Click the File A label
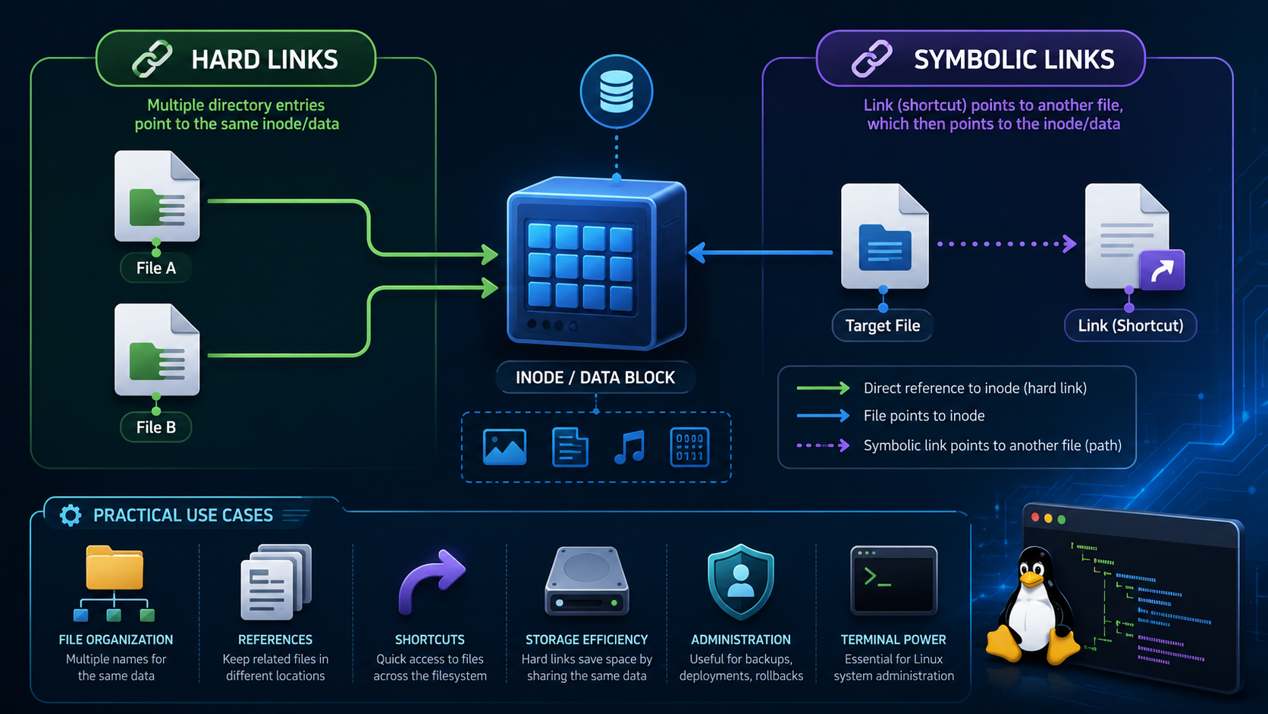(x=155, y=268)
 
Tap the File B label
(x=155, y=427)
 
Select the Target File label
(x=882, y=326)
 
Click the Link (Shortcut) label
(x=1131, y=326)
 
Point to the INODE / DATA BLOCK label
(x=595, y=378)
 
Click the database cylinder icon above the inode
(x=616, y=91)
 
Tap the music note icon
(x=629, y=448)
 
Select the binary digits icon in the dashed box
(x=689, y=448)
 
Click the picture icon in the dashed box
(x=504, y=448)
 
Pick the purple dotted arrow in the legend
(x=823, y=445)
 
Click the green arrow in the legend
(x=823, y=388)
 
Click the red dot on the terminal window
(x=1035, y=517)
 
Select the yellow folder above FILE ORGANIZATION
(x=115, y=568)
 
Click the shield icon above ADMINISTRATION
(x=740, y=581)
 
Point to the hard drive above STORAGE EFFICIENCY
(x=586, y=581)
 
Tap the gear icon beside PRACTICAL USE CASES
(x=71, y=515)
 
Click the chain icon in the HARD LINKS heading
(x=152, y=58)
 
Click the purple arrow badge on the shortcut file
(x=1162, y=270)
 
